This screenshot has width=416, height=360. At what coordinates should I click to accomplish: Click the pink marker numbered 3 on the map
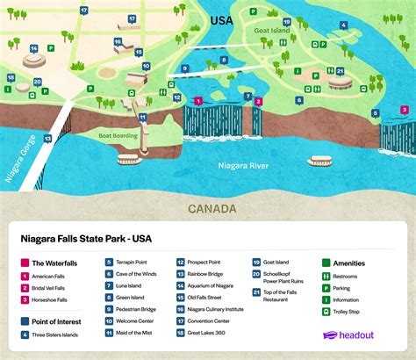404,110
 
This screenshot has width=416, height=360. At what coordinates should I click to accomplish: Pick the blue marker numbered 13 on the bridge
47,139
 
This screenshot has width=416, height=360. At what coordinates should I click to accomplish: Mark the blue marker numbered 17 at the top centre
83,10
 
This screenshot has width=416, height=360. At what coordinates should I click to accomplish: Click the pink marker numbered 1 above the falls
199,101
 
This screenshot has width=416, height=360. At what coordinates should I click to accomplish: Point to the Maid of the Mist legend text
133,334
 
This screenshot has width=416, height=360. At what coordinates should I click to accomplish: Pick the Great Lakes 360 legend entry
208,334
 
